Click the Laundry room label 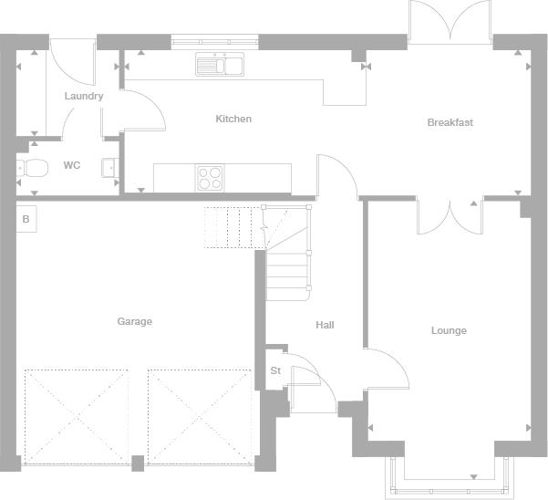[84, 96]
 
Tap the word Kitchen [233, 119]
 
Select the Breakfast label [450, 122]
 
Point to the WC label [72, 165]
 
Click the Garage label [135, 321]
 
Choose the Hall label [325, 325]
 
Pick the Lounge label [449, 330]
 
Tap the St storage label [275, 370]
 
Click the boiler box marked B [26, 219]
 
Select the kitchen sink [220, 65]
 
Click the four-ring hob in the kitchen [210, 178]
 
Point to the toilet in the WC [32, 169]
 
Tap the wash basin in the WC [110, 168]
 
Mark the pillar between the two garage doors [138, 464]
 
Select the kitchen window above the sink [214, 42]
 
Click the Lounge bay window [450, 478]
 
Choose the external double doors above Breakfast [450, 22]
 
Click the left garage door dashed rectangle [77, 417]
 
